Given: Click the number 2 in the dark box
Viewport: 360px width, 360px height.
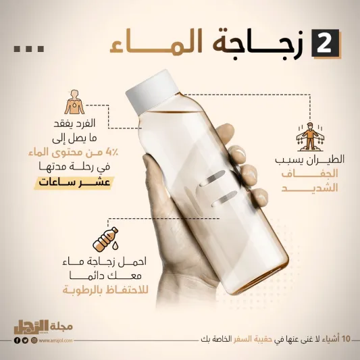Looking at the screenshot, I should pos(323,44).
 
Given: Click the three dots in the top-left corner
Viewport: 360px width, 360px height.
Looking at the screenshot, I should pos(29,48).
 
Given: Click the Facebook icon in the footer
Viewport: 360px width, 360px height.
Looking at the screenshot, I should pos(17,341).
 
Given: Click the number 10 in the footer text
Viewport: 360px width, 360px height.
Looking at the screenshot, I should pos(346,337).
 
